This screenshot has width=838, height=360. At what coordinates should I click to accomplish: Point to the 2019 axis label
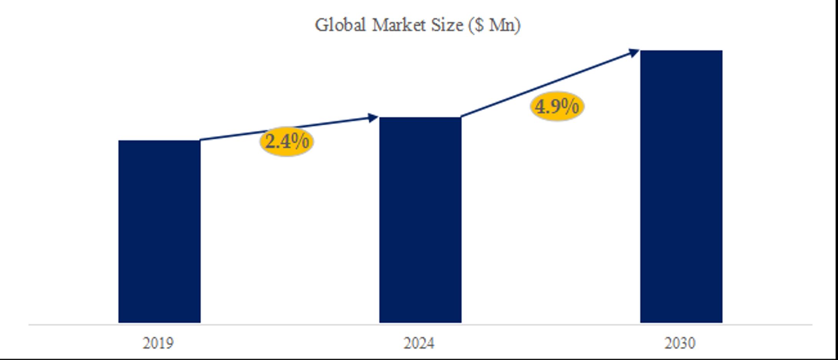pyautogui.click(x=158, y=343)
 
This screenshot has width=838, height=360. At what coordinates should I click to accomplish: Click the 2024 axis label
pyautogui.click(x=419, y=343)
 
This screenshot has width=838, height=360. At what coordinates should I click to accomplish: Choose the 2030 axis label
pyautogui.click(x=680, y=343)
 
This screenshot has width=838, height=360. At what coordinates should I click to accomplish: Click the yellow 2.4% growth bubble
pyautogui.click(x=287, y=142)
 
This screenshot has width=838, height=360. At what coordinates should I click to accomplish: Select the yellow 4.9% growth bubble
pyautogui.click(x=557, y=106)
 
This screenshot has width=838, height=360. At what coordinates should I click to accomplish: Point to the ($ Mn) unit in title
pyautogui.click(x=494, y=26)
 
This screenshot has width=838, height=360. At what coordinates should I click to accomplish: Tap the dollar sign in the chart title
pyautogui.click(x=479, y=26)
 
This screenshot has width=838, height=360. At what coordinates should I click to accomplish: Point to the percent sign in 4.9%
pyautogui.click(x=570, y=106)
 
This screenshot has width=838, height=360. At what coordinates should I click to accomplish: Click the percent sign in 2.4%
pyautogui.click(x=300, y=142)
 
